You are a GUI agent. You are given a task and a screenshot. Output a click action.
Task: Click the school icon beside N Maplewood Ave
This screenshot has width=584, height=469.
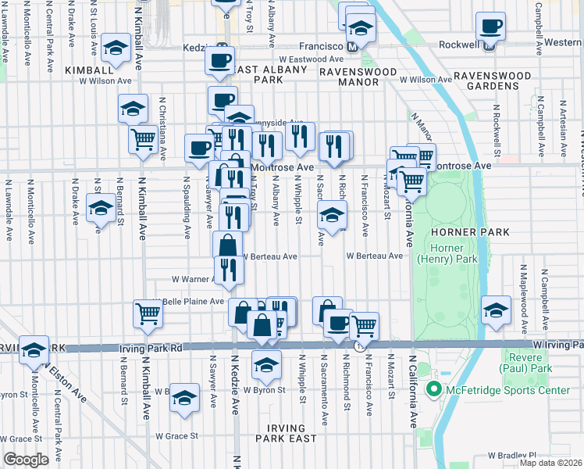(496, 310)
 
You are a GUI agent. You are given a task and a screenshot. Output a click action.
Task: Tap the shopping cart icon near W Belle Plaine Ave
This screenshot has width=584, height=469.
(148, 313)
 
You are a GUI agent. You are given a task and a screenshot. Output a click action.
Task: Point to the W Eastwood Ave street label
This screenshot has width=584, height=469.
(311, 59)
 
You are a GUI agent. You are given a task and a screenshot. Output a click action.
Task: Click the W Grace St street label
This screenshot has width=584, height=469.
(176, 436)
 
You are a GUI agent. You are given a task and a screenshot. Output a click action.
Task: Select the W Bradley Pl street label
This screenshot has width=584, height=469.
(512, 454)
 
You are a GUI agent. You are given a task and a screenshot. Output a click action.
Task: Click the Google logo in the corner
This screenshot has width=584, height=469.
(26, 460)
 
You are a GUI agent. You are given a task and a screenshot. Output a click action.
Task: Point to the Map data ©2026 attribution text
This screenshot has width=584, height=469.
(551, 463)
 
